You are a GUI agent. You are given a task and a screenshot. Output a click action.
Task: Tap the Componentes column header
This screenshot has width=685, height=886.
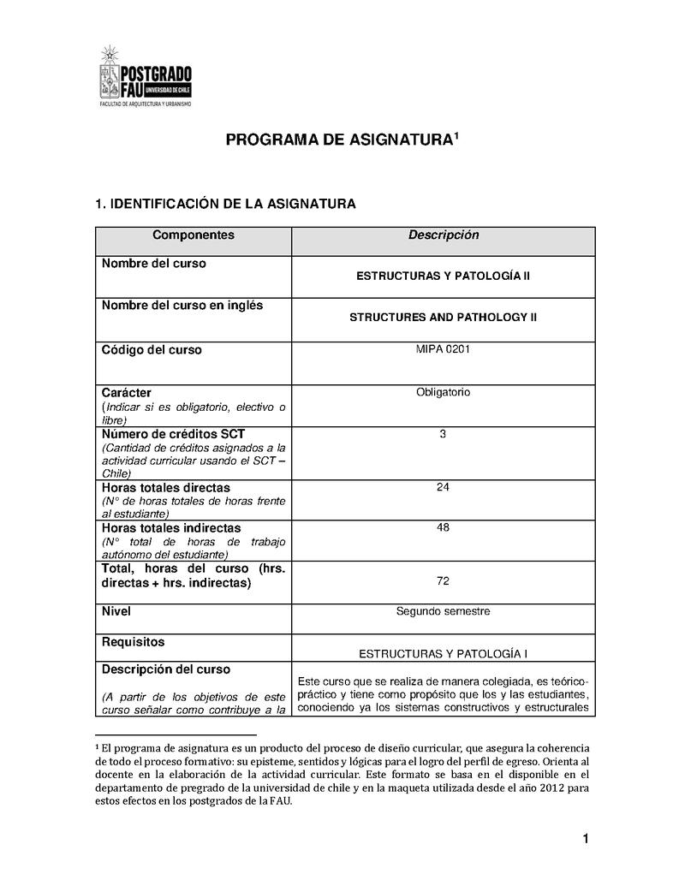(194, 235)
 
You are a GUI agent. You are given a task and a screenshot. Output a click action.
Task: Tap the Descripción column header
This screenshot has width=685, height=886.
(444, 235)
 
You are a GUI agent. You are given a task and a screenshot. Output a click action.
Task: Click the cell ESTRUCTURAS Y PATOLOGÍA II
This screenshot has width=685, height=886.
(444, 277)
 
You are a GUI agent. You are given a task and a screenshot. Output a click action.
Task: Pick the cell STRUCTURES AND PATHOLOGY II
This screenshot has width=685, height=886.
(444, 317)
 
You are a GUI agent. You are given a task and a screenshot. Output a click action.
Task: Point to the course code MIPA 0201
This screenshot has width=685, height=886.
(444, 349)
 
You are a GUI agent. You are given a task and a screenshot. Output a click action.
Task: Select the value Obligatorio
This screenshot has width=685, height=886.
(444, 392)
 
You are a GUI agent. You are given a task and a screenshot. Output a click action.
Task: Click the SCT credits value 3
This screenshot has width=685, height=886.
(444, 434)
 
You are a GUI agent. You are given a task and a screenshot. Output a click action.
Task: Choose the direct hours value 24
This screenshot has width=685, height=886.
(444, 487)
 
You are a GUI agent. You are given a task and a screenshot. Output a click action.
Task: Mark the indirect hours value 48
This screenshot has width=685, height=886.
(444, 527)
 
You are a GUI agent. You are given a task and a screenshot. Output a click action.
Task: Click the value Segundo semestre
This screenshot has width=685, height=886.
(444, 611)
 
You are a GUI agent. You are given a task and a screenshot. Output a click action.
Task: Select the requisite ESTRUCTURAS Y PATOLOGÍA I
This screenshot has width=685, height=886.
(444, 654)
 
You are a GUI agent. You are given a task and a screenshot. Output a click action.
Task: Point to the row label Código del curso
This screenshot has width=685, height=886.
(152, 350)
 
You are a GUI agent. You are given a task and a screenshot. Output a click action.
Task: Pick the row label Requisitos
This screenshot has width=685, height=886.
(133, 642)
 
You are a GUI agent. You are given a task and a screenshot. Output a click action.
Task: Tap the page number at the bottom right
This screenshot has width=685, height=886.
(586, 839)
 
